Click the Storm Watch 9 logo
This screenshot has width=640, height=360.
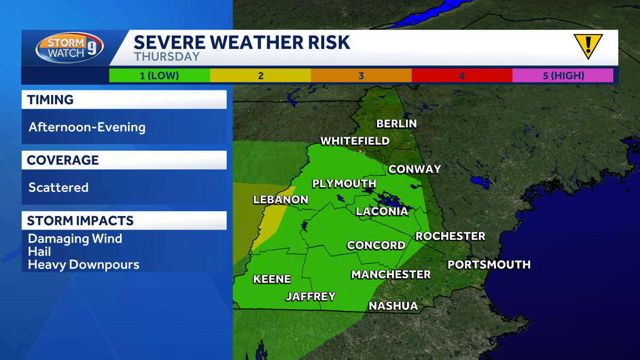70,48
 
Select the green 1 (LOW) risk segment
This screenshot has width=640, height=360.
159,76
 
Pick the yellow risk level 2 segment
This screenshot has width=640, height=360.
260,76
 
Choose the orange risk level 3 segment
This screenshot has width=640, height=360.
361,76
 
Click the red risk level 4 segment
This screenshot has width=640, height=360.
462,76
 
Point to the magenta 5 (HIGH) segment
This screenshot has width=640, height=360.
563,76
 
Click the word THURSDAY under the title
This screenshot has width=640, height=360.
166,57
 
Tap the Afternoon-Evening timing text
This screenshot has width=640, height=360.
87,127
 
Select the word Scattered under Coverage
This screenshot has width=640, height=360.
58,188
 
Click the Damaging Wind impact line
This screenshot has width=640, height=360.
75,238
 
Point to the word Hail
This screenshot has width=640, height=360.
39,251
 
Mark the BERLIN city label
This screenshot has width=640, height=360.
396,124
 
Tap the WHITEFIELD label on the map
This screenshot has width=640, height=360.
355,141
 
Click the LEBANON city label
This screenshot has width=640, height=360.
281,200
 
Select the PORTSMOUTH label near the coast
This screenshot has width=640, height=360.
489,265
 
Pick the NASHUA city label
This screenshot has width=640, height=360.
393,306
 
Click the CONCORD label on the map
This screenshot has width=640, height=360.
376,245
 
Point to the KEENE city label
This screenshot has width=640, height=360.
272,279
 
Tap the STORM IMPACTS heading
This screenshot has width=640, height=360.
81,221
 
